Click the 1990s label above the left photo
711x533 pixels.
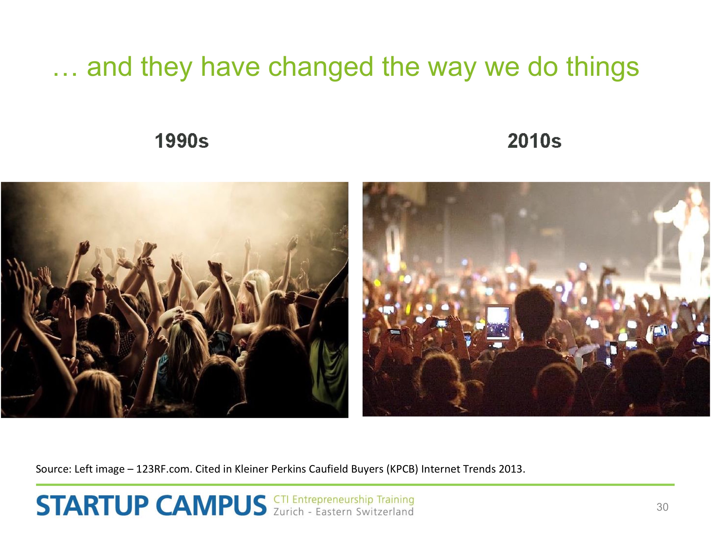[x=182, y=141]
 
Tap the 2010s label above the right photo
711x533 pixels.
[x=534, y=141]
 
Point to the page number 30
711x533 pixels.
[x=662, y=507]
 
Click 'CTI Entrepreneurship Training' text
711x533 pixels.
[x=344, y=500]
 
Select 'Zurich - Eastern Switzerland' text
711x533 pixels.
[x=343, y=511]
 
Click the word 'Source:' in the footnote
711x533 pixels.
[x=53, y=469]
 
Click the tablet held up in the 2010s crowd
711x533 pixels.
[x=498, y=322]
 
